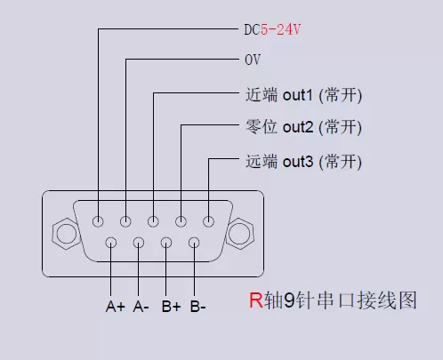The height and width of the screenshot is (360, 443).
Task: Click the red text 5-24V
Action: (x=280, y=29)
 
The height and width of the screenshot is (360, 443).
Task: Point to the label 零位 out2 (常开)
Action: (x=302, y=127)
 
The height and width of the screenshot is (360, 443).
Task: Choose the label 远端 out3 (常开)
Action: (x=302, y=162)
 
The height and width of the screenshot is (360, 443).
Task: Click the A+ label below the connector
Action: (x=115, y=307)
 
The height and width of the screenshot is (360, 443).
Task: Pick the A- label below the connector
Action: (x=141, y=307)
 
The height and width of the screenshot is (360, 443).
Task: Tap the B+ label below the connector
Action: (x=171, y=307)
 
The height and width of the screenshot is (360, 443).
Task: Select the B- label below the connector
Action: (x=197, y=307)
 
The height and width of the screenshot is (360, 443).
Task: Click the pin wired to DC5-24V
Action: (x=98, y=221)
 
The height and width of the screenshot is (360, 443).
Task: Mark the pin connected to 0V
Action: (x=126, y=221)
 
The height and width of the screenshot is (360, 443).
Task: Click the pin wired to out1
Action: (x=154, y=221)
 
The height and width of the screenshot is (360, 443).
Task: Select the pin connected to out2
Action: (x=181, y=221)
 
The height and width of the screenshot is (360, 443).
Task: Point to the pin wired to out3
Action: (x=209, y=221)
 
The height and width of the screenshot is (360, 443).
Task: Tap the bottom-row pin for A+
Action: (x=111, y=243)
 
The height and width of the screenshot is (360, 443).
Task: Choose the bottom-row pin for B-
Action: (x=194, y=243)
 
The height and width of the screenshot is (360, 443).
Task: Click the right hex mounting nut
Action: (x=239, y=236)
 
